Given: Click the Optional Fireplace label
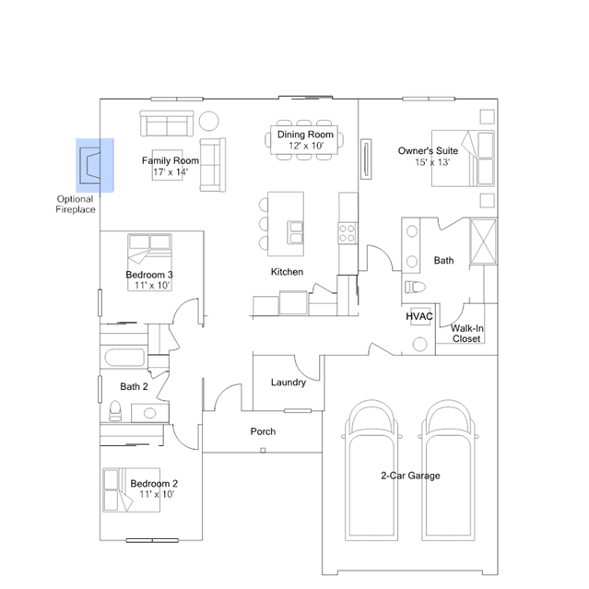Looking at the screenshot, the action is [x=76, y=205].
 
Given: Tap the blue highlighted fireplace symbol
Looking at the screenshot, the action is [x=95, y=165].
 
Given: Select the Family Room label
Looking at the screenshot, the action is [x=171, y=160].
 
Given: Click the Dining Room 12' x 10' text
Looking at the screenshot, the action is [x=305, y=140].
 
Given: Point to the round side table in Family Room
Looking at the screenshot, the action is [x=209, y=121].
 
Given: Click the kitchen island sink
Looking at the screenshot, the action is [x=296, y=232].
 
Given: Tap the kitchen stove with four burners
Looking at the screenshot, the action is [x=348, y=233].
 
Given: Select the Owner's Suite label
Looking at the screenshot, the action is [x=428, y=151].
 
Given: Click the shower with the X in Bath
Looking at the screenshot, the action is [x=483, y=241].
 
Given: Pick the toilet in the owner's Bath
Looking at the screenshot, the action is [x=415, y=288].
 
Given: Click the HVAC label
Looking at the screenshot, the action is [x=419, y=316].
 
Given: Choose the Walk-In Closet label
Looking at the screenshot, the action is [x=467, y=334].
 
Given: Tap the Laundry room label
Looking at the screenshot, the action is [x=289, y=383].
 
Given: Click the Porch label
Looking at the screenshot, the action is [x=263, y=431].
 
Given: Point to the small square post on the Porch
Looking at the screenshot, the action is [x=263, y=450].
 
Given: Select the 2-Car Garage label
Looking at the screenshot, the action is [x=410, y=476].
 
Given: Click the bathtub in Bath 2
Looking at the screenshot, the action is [x=124, y=358].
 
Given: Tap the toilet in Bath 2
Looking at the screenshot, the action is [x=115, y=410].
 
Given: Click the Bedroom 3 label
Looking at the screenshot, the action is [x=149, y=275].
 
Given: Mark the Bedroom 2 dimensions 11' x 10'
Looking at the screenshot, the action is [x=157, y=494].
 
